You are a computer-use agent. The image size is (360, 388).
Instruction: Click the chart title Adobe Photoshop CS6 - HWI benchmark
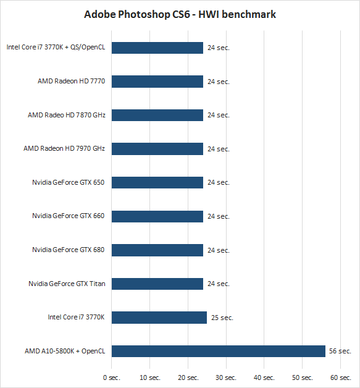coord(180,15)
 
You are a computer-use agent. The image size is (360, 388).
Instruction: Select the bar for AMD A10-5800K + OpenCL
coord(219,351)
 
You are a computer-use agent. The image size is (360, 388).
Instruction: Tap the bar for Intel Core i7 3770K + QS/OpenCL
coord(157,48)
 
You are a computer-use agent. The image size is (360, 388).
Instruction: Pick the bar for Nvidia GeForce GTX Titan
coord(157,284)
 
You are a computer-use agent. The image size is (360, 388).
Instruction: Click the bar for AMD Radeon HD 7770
coord(157,82)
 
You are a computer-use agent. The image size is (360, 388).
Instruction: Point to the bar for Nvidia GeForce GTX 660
coord(157,216)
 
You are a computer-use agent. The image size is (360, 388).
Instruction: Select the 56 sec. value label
coord(340,351)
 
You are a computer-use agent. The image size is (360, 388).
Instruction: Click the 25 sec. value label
coord(222,318)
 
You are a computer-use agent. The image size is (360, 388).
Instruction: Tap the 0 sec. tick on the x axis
coord(112,377)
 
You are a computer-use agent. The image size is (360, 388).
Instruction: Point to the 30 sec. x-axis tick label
coord(226,377)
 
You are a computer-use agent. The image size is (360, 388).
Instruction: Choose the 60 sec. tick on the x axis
coord(340,377)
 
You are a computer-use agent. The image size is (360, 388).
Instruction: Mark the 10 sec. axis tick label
coord(150,377)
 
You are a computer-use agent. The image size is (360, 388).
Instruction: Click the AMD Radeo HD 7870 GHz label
coord(67,115)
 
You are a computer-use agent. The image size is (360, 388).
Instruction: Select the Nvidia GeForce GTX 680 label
coord(69,250)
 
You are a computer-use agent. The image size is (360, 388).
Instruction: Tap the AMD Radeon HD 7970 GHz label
coord(64,148)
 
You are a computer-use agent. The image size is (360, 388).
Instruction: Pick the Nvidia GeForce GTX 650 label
coord(69,183)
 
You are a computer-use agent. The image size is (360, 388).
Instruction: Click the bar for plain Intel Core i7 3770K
coord(159,318)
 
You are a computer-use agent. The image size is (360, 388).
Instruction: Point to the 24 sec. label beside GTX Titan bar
coord(219,284)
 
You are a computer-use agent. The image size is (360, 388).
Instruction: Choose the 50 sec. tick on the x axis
coord(303,377)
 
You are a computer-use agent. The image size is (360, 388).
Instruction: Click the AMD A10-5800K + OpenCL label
coord(65,351)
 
